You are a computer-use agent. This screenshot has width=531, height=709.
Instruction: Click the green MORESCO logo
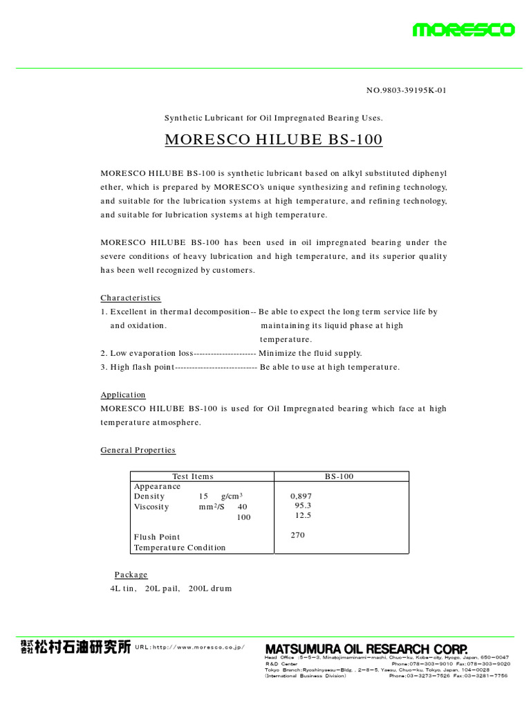pos(463,30)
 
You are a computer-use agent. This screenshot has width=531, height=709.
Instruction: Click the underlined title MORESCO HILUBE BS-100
pos(273,140)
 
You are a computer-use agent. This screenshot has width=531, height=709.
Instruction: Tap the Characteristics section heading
pos(131,298)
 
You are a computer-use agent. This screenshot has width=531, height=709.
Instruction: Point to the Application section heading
pos(123,395)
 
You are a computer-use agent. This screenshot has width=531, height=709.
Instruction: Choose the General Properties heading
pos(138,450)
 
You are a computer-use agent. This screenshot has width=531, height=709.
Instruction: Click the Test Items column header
pos(193,476)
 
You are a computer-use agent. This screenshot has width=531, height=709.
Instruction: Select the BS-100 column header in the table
pos(339,476)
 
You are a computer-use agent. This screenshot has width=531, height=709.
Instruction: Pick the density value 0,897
pos(301,496)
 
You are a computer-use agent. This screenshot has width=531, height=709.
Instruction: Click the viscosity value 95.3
pos(303,505)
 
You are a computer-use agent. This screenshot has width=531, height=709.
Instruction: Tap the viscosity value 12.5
pos(303,515)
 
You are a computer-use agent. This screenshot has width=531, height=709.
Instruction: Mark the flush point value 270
pos(298,535)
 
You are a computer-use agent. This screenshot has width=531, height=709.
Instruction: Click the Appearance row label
pos(157,486)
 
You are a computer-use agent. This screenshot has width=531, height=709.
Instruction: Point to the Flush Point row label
pos(157,537)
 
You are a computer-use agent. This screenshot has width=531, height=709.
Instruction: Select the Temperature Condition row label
pos(180,548)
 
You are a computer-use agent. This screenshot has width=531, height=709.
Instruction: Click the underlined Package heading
pos(131,575)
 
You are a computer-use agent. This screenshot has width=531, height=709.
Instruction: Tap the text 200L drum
pos(210,589)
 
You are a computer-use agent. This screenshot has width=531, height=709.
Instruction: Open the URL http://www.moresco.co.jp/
pos(190,647)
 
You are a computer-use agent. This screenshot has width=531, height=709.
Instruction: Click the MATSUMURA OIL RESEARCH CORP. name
pos(366,648)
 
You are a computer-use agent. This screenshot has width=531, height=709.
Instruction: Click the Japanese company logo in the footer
pos(75,647)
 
